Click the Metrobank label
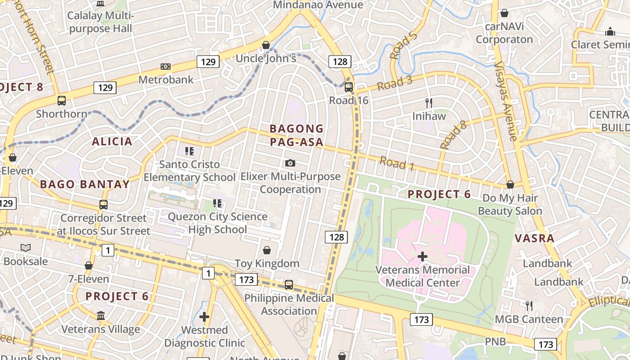[x=166, y=80]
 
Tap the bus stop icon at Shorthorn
[x=62, y=101]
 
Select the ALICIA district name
[x=112, y=142]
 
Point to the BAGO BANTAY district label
[x=85, y=184]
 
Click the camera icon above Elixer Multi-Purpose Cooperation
[x=290, y=163]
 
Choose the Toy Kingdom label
[x=267, y=263]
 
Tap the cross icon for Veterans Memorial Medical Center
[x=422, y=257]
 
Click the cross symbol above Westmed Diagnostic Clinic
[x=204, y=317]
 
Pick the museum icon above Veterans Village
[x=101, y=316]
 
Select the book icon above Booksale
[x=26, y=247]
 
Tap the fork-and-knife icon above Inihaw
[x=429, y=103]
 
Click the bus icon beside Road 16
[x=349, y=87]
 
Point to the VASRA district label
[x=534, y=238]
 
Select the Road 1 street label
[x=396, y=163]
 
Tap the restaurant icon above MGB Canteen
[x=529, y=306]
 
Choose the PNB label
[x=495, y=342]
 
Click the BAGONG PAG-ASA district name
[x=297, y=135]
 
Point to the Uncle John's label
[x=266, y=58]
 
